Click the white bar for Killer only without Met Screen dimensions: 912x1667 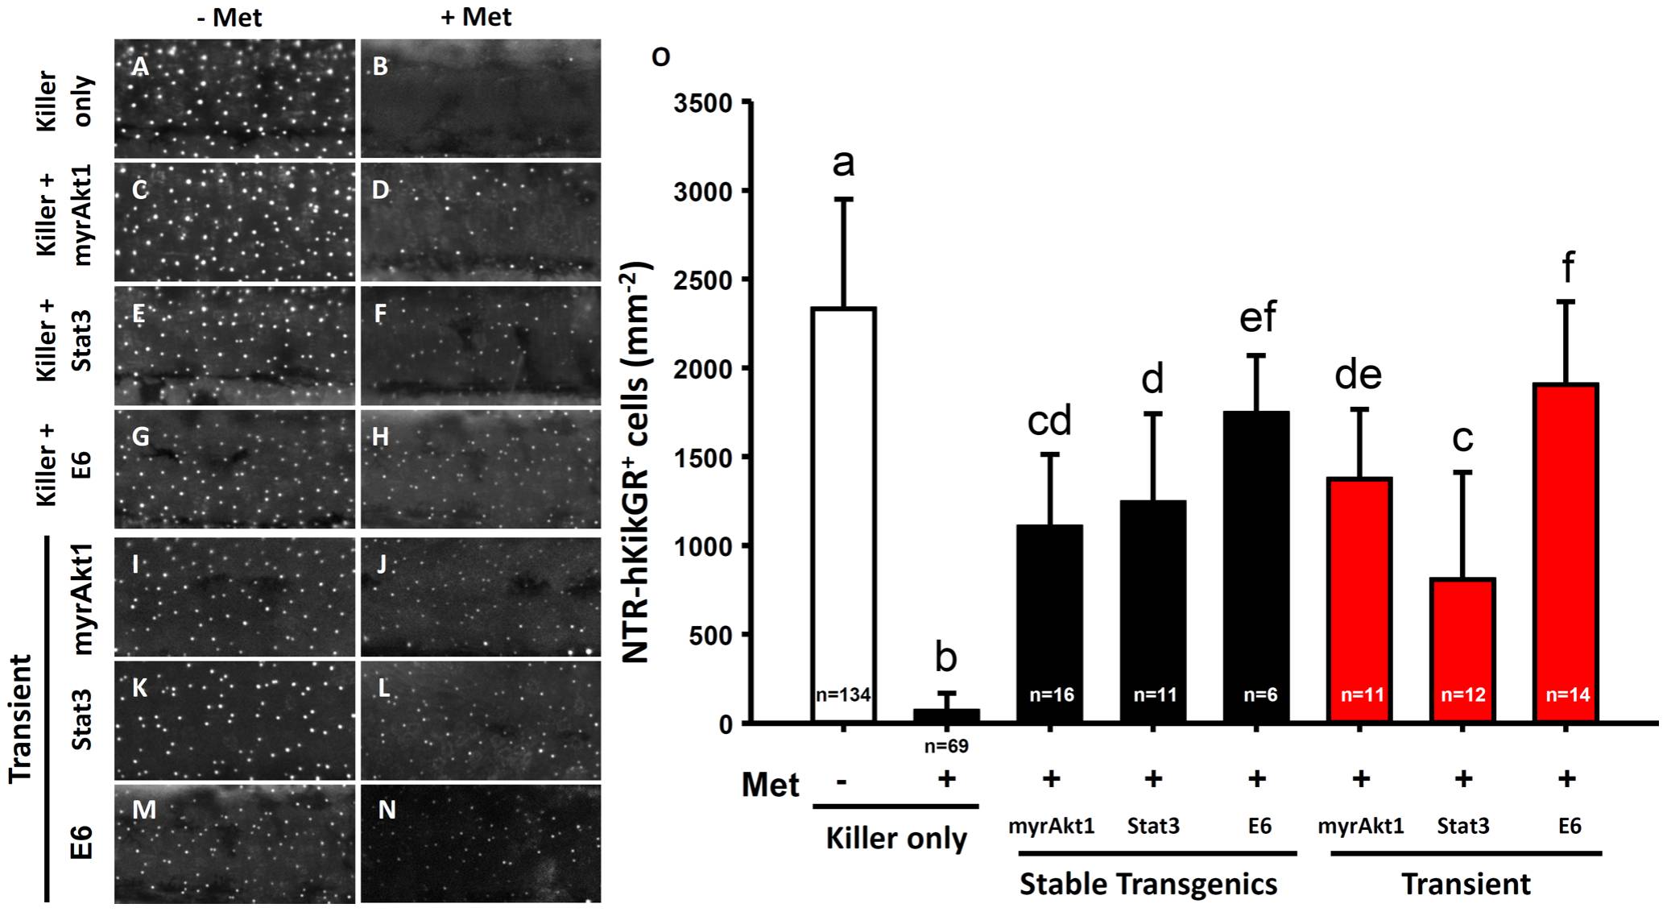pos(843,516)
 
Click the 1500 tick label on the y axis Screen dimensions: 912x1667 pos(705,458)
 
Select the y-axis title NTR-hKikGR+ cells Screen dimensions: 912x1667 pos(637,462)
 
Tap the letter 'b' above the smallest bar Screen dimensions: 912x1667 pos(946,658)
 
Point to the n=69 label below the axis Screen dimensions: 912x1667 pos(946,746)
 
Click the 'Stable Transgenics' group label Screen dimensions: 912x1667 pos(1148,884)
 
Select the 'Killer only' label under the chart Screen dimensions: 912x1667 pos(896,839)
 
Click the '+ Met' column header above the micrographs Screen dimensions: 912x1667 pos(476,17)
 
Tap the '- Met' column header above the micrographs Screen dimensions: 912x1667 pos(230,17)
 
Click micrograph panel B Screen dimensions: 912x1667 pos(480,98)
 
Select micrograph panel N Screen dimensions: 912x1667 pos(480,843)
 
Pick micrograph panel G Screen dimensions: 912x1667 pos(234,469)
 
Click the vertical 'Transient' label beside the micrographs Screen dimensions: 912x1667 pos(21,718)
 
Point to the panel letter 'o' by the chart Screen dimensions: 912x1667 pos(660,56)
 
